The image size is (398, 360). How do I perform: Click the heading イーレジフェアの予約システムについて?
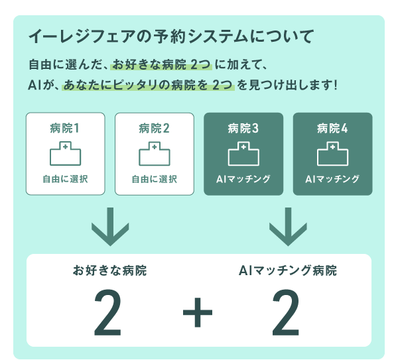tap(171, 36)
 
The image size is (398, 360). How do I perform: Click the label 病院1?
tap(65, 129)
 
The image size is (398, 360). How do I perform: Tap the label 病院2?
tap(154, 129)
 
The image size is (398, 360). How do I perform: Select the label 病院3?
tap(243, 129)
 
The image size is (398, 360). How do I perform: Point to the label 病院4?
tap(332, 129)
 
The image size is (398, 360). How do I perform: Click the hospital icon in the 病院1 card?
tap(65, 154)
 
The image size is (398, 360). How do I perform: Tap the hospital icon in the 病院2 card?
tap(155, 154)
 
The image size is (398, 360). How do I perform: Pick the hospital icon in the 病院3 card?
tap(243, 154)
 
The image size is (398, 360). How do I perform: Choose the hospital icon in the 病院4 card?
tap(332, 154)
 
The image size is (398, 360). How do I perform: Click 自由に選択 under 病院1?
tap(65, 179)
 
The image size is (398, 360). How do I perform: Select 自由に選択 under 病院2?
tap(155, 179)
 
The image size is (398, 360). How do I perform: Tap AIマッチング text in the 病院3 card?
tap(243, 179)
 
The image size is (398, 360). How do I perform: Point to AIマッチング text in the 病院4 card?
tap(332, 179)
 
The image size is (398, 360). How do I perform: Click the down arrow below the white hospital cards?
tap(110, 227)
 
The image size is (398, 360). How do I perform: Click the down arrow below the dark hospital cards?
tap(288, 227)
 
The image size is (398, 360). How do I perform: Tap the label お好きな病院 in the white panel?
tap(109, 270)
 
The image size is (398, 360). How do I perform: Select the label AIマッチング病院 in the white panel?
tap(288, 270)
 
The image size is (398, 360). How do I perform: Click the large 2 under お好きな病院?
tap(107, 312)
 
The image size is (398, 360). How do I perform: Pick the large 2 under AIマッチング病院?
tap(285, 312)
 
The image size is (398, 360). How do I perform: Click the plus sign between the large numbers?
tap(198, 312)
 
